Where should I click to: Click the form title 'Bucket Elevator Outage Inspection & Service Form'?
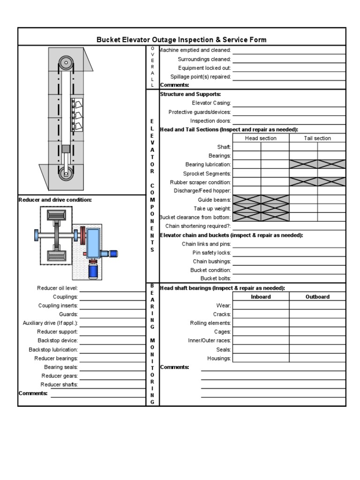pyautogui.click(x=181, y=40)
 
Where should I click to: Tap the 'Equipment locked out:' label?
pyautogui.click(x=204, y=68)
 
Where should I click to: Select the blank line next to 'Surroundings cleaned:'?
pyautogui.click(x=289, y=59)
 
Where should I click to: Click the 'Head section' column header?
pyautogui.click(x=261, y=138)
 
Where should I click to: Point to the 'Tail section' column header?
pyautogui.click(x=317, y=138)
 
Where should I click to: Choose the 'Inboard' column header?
pyautogui.click(x=261, y=297)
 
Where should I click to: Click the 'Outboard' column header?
pyautogui.click(x=317, y=297)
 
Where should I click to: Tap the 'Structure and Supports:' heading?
pyautogui.click(x=184, y=94)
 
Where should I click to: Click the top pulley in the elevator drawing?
pyautogui.click(x=66, y=62)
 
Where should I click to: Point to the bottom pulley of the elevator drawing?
pyautogui.click(x=66, y=173)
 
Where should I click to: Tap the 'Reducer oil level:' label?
pyautogui.click(x=58, y=288)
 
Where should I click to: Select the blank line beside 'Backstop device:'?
pyautogui.click(x=112, y=341)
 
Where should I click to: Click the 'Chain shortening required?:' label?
pyautogui.click(x=198, y=226)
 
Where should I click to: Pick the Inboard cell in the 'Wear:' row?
pyautogui.click(x=261, y=306)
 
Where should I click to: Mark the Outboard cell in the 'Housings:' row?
pyautogui.click(x=317, y=359)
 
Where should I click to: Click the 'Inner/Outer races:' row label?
pyautogui.click(x=210, y=341)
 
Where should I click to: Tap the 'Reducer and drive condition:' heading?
pyautogui.click(x=55, y=200)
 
